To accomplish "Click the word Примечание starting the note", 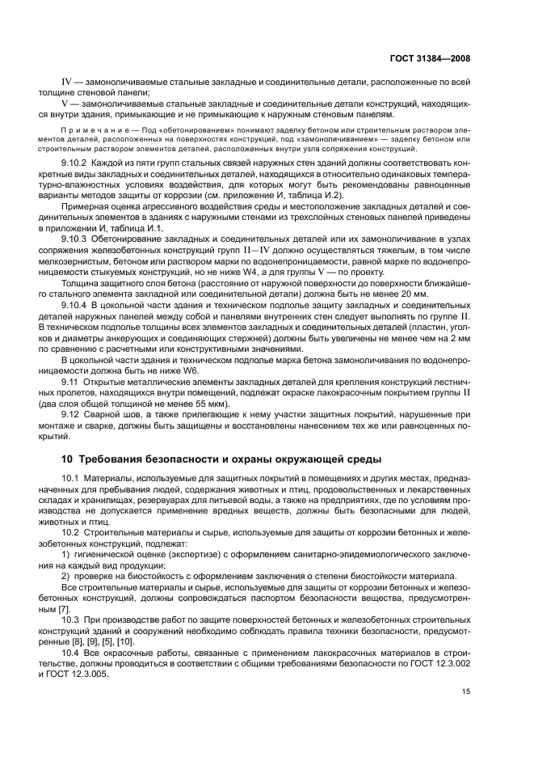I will click(x=91, y=129).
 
